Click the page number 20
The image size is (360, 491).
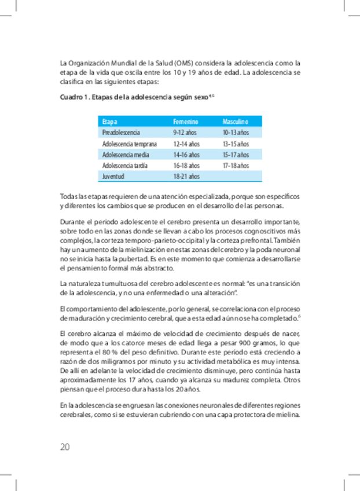pos(65,446)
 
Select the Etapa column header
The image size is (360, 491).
pos(109,122)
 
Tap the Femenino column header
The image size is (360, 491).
pos(186,122)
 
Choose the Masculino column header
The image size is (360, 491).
pos(235,122)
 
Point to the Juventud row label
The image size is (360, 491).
pos(113,176)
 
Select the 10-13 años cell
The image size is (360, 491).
pos(236,133)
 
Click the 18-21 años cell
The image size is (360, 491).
pos(186,176)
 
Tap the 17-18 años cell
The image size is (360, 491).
pos(236,166)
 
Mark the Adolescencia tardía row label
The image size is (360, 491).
pos(124,166)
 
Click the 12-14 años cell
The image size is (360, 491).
pos(186,144)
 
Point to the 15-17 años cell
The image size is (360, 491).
pos(236,155)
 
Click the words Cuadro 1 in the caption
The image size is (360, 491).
pos(74,97)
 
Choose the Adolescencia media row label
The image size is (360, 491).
pos(125,155)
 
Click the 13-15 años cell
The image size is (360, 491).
pos(236,144)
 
